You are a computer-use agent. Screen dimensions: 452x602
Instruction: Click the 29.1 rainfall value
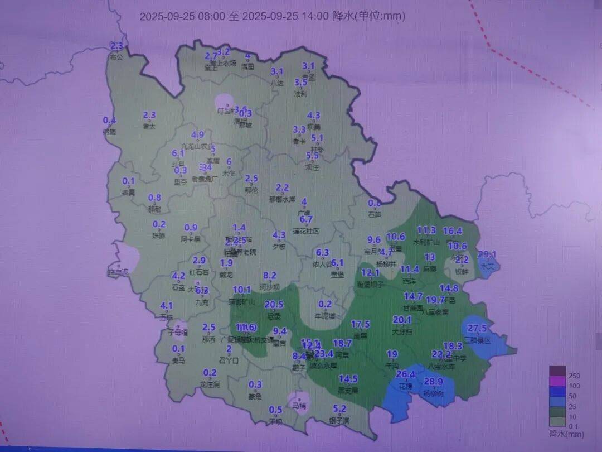tap(487, 254)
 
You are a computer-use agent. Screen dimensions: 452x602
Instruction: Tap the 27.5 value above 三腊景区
tap(477, 328)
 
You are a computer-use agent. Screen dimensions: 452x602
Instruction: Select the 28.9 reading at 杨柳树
tap(433, 382)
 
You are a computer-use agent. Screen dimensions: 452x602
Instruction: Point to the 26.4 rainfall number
tap(406, 374)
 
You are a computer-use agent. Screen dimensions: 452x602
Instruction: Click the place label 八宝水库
tap(441, 367)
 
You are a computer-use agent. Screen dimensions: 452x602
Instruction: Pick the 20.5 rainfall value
tap(274, 305)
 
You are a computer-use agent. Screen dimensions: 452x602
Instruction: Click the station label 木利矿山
tap(426, 242)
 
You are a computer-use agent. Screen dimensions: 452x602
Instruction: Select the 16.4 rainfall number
tap(453, 231)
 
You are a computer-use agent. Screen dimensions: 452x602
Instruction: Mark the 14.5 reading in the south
tap(348, 379)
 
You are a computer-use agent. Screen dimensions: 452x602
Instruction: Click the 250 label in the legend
tap(574, 376)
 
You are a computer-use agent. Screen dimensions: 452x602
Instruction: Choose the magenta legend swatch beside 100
tap(557, 386)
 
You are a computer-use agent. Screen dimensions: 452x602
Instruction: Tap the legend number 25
tap(574, 406)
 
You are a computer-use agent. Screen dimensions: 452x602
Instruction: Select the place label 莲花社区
tap(306, 231)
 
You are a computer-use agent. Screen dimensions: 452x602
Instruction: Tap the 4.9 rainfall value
tap(197, 135)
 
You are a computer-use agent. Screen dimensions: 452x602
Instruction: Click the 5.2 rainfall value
tap(339, 408)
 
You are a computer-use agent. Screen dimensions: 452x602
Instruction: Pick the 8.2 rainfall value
tap(270, 276)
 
